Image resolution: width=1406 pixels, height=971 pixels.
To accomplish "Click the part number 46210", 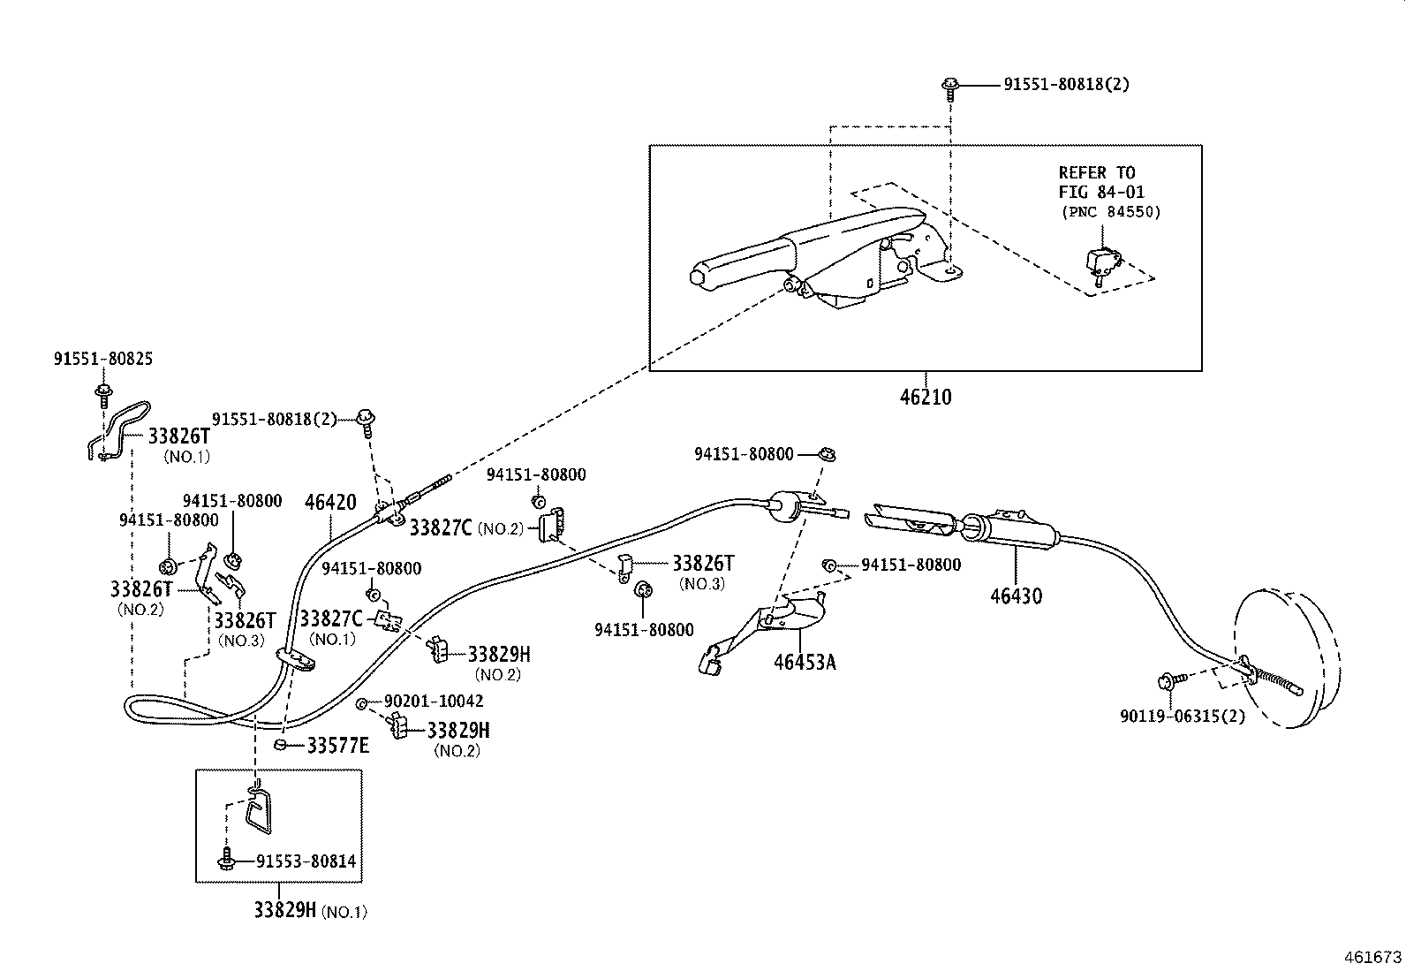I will (x=926, y=398).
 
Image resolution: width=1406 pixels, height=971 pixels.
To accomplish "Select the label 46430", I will (x=1016, y=595).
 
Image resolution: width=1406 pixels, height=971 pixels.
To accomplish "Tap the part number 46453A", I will (x=804, y=662).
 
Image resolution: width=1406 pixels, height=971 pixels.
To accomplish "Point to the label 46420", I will (x=330, y=503).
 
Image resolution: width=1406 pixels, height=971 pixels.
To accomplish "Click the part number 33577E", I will (x=337, y=746).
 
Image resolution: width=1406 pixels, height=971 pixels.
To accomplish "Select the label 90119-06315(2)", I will (x=1182, y=716).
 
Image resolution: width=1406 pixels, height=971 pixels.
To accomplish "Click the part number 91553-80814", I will (x=306, y=861).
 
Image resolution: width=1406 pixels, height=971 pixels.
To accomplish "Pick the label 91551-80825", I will (x=102, y=360).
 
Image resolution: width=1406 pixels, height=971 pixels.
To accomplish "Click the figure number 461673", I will (x=1372, y=957).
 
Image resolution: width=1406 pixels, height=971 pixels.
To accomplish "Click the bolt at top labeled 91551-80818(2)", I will (x=950, y=86).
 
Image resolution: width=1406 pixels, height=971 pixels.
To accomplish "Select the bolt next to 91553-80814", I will (x=227, y=859).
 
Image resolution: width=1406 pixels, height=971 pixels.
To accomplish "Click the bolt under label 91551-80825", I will (x=104, y=391).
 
